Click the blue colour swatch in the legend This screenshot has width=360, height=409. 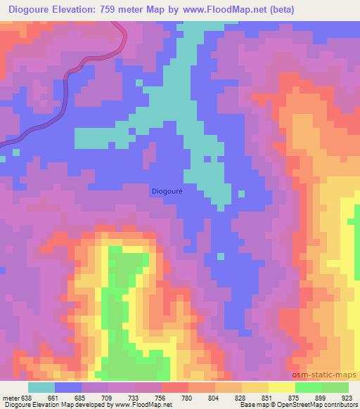[x=67, y=387]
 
